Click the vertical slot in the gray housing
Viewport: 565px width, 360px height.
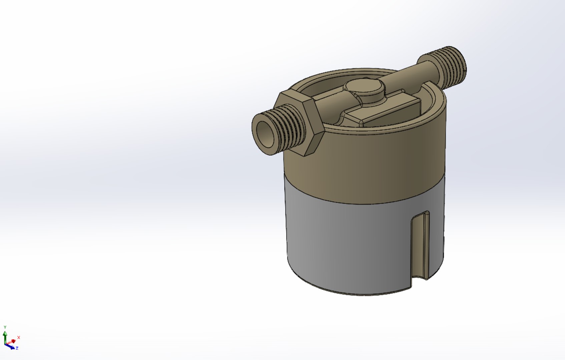point(420,247)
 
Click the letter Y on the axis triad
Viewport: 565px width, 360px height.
point(5,327)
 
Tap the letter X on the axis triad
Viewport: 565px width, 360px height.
point(19,337)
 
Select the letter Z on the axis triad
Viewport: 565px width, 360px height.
point(17,348)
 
